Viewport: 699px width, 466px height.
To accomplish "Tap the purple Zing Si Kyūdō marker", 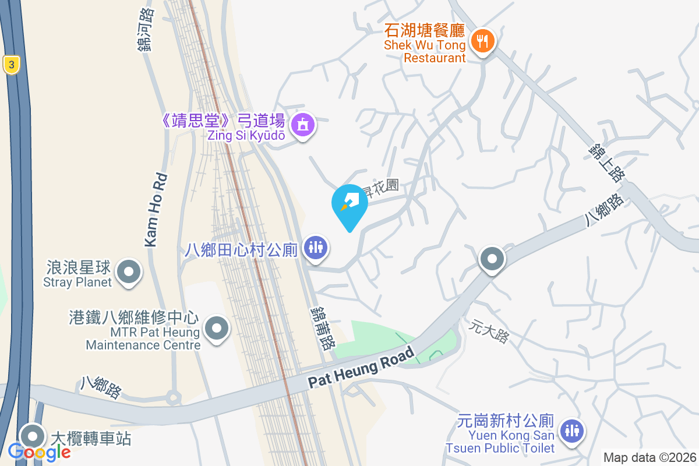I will pyautogui.click(x=303, y=125).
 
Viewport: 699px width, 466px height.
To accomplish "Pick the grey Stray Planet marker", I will pyautogui.click(x=129, y=272).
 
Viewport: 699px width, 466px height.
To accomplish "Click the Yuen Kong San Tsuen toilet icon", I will pyautogui.click(x=572, y=431).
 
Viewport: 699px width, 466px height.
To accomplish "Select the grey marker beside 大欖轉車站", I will pyautogui.click(x=33, y=436).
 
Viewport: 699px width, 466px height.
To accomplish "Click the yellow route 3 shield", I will pyautogui.click(x=10, y=65).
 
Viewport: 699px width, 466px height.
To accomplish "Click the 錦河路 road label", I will pyautogui.click(x=146, y=29).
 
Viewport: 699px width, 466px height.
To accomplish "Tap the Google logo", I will pyautogui.click(x=39, y=451).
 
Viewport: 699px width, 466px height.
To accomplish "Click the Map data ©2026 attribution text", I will pyautogui.click(x=649, y=457).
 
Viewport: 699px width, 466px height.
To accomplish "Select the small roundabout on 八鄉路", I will pyautogui.click(x=173, y=399).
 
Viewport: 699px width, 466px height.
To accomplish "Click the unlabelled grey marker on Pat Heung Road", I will pyautogui.click(x=492, y=259).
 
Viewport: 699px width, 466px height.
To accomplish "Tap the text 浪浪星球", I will pyautogui.click(x=78, y=269).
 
